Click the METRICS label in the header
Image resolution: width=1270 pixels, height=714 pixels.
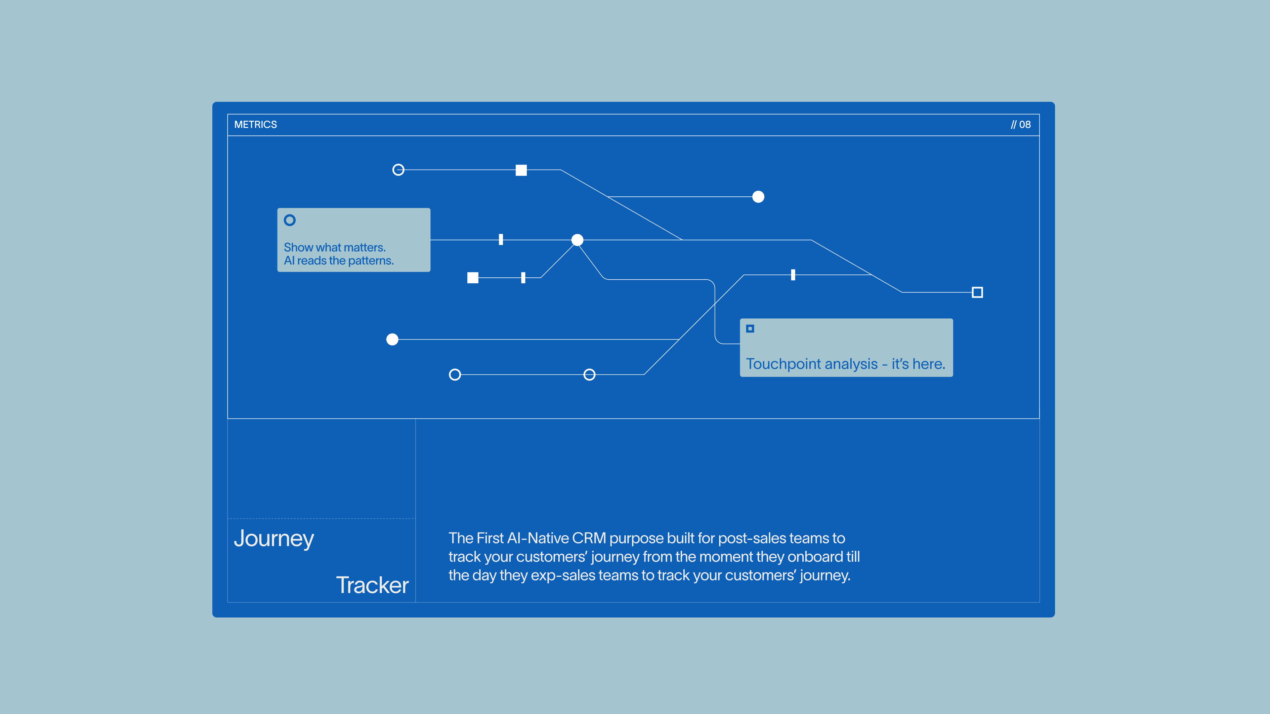click(x=255, y=125)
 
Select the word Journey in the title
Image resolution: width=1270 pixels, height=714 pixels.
click(x=274, y=538)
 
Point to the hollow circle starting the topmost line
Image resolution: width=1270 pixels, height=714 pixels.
click(x=398, y=170)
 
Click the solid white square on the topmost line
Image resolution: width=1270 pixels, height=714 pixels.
click(x=521, y=170)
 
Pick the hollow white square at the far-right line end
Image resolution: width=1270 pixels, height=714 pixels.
click(x=977, y=293)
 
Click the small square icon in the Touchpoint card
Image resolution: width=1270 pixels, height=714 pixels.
click(x=750, y=329)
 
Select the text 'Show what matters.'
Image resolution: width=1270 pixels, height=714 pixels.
click(x=335, y=247)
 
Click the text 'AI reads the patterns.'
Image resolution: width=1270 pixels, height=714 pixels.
click(x=339, y=261)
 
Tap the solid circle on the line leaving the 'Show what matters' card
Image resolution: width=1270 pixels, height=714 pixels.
click(x=577, y=240)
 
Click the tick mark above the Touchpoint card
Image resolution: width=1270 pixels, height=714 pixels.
click(x=793, y=275)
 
